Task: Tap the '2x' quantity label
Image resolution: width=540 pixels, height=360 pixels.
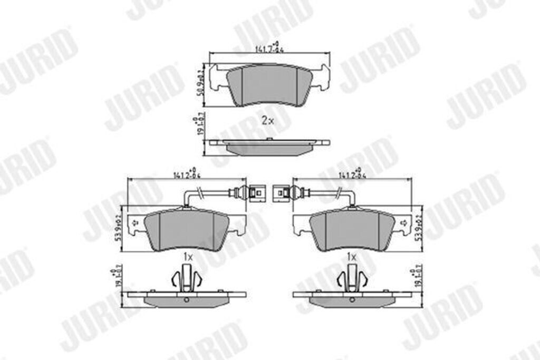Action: coord(268,120)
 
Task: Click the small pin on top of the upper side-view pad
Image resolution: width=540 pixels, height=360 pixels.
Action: coord(269,139)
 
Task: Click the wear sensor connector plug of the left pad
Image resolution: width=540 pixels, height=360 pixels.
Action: coord(256,192)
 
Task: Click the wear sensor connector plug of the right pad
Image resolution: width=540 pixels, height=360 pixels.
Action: coord(280,192)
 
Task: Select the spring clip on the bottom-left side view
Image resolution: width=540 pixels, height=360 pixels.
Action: coord(187,278)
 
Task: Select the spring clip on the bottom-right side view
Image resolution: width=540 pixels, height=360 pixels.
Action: coord(352,278)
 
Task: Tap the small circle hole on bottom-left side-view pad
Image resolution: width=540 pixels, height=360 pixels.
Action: coord(187,300)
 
